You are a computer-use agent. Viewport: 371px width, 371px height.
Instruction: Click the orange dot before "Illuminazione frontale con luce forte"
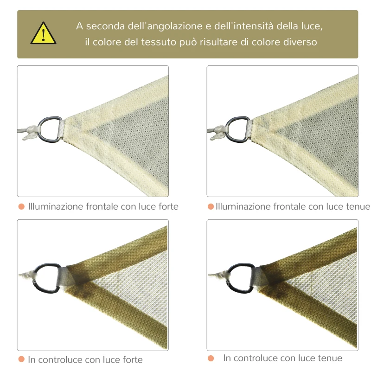(x=21, y=206)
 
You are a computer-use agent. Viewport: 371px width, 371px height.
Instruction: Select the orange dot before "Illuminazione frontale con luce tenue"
(x=211, y=206)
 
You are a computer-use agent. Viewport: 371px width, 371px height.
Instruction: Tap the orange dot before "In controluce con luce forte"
(x=21, y=359)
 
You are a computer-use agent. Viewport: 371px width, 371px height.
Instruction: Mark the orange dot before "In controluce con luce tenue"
(x=211, y=358)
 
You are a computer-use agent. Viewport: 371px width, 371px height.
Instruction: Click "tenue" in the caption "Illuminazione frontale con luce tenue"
(x=358, y=206)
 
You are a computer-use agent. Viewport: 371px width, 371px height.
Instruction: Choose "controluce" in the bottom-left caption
(x=62, y=359)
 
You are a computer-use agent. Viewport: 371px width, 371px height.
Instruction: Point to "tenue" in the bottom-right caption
(x=330, y=358)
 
